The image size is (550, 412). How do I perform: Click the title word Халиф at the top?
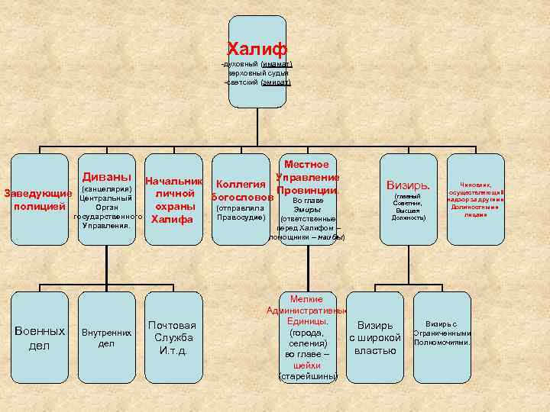coord(257,50)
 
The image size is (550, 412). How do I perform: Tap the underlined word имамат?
coord(277,64)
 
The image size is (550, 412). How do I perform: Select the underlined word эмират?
coord(276,82)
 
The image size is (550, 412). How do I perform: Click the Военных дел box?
coord(40,338)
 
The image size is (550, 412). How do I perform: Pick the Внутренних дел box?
coord(106,337)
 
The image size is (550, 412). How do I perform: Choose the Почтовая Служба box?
coord(173,338)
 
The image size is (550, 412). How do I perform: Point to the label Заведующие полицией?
coord(39,199)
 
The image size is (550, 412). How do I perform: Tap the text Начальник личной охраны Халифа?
coord(173,201)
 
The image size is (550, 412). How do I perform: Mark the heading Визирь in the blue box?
coord(408,185)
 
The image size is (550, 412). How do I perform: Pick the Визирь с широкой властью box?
coord(375,338)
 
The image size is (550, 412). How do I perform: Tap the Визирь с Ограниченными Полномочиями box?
coord(441,333)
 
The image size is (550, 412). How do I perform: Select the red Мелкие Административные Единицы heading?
coord(306,311)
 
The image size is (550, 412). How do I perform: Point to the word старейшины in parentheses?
coord(307,376)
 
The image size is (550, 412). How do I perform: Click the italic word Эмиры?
coord(306,209)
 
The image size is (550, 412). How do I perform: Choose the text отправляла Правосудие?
coord(241,212)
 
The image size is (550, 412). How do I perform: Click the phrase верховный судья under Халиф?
coord(257,73)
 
